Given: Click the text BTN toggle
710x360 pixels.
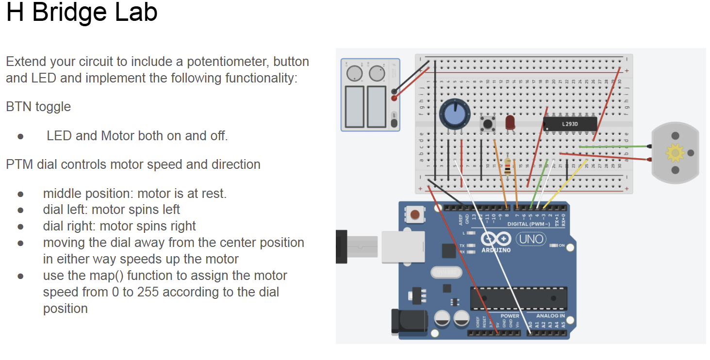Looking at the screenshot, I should (x=38, y=107).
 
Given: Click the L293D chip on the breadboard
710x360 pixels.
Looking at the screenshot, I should (x=570, y=124).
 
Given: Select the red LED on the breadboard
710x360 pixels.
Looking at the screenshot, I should (x=510, y=122).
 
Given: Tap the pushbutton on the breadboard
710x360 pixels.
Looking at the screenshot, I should (x=487, y=124).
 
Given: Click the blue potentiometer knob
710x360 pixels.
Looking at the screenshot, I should (x=455, y=115).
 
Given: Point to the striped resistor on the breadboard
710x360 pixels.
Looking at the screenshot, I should (x=508, y=167).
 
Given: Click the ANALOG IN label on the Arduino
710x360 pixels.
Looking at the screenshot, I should (x=550, y=316).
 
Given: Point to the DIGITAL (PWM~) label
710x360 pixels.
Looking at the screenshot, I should (x=528, y=224).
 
